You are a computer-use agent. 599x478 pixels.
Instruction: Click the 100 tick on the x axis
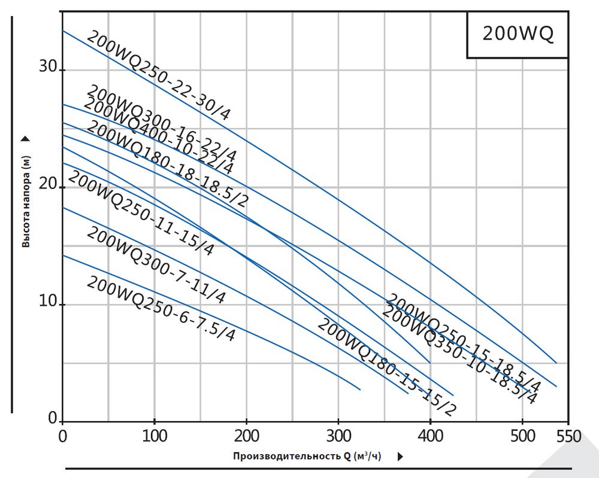[155, 436]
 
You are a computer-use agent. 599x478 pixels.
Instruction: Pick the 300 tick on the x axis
[338, 436]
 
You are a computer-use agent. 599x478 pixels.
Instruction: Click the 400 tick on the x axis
[430, 436]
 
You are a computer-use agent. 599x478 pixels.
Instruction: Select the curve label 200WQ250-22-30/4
[158, 75]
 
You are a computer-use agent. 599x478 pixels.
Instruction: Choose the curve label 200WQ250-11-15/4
[141, 213]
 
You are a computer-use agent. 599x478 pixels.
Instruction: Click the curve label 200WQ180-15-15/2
[386, 367]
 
